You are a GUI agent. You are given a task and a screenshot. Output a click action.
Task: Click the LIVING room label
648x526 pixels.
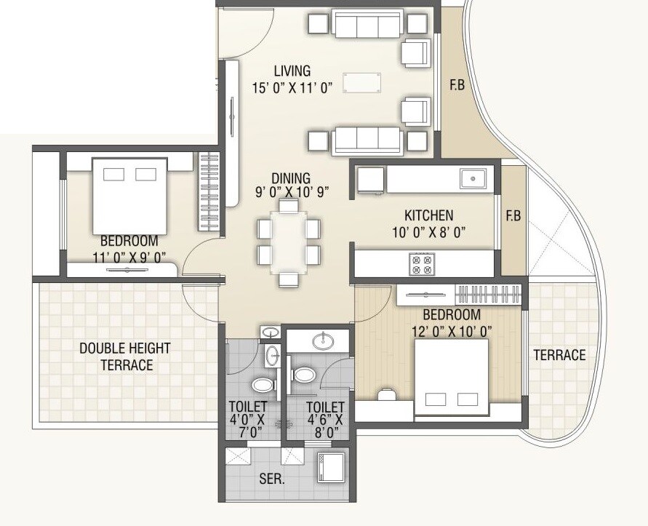coord(292,71)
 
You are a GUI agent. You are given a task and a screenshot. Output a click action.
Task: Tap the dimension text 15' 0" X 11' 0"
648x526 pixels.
coord(292,88)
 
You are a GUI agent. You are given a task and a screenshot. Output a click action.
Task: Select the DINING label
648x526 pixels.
coord(291,178)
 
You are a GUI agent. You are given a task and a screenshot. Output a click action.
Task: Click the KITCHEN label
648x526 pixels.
coord(428,216)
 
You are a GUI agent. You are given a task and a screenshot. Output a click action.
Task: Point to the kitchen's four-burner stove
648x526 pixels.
coord(421,263)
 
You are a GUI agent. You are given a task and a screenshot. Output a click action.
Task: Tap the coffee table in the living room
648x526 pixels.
coord(361,82)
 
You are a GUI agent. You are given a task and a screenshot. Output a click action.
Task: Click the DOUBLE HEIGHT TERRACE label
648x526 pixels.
coord(125,356)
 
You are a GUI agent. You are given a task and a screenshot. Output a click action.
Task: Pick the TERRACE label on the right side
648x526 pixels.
coord(559,355)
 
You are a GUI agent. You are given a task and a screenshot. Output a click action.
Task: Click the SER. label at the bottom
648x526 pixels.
coord(271,480)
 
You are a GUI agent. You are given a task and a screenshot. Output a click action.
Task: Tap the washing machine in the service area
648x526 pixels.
coord(329,467)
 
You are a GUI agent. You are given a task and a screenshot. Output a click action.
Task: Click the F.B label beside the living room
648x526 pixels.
coord(457,85)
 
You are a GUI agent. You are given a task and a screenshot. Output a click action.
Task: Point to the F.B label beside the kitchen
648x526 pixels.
coord(513,216)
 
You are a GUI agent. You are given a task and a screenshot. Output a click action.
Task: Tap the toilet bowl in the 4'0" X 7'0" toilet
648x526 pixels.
coord(262,384)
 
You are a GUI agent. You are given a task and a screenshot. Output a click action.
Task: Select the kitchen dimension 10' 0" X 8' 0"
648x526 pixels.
coord(428,233)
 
